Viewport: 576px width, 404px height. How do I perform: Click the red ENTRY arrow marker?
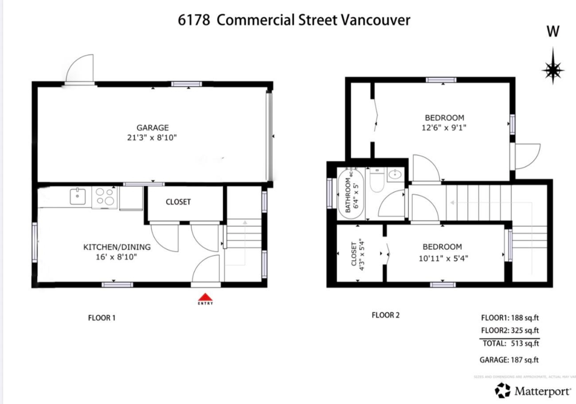205,296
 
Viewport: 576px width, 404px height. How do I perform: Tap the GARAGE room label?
153,128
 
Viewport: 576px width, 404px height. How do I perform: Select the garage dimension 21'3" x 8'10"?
153,137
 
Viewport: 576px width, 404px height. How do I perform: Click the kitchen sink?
77,196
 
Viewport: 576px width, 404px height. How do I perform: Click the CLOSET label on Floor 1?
178,202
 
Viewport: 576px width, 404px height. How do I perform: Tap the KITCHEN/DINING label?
117,247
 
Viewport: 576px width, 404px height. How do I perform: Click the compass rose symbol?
552,70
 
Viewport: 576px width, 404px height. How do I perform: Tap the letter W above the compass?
553,32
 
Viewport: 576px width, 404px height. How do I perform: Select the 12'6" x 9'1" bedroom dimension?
444,127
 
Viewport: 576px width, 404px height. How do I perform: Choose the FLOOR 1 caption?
102,318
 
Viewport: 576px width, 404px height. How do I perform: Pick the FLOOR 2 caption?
385,316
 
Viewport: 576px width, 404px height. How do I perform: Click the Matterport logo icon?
503,390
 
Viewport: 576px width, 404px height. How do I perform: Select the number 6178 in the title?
193,21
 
